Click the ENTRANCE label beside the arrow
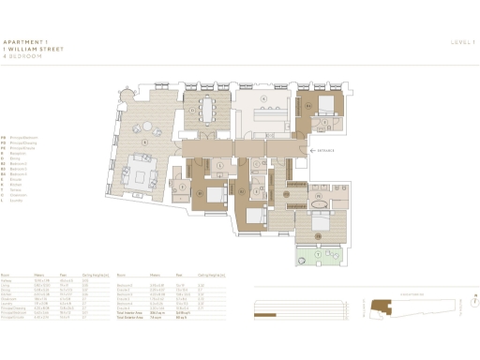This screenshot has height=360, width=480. click(x=327, y=149)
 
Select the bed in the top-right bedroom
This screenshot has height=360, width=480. click(x=322, y=104)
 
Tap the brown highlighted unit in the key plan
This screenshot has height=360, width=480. click(x=381, y=304)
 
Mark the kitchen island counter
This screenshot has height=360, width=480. click(x=272, y=113)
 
